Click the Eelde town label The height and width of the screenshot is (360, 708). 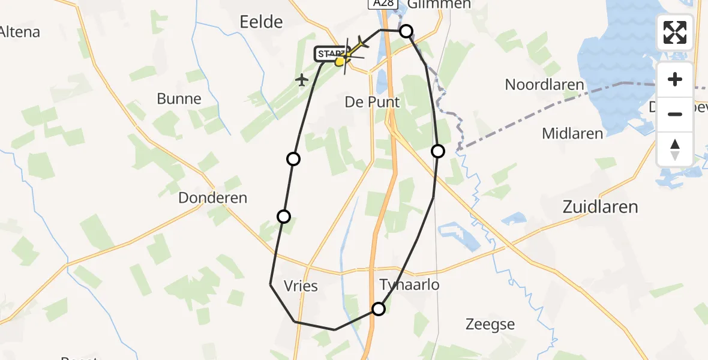[x=261, y=22]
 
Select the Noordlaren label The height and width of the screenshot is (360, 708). [x=544, y=85]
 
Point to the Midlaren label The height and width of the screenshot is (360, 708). [x=572, y=133]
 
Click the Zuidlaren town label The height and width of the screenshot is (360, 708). [x=599, y=207]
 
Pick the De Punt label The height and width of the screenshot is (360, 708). [x=372, y=102]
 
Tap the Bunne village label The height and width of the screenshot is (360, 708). [x=179, y=99]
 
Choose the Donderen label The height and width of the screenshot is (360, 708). [x=212, y=198]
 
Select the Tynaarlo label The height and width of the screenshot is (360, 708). [x=409, y=284]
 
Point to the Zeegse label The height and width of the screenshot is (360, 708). [x=490, y=325]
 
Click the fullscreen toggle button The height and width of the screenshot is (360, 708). [x=675, y=32]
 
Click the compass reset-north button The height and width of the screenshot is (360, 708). [x=675, y=149]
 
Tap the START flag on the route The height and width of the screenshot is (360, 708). [x=330, y=55]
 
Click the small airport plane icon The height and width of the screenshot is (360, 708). [x=302, y=79]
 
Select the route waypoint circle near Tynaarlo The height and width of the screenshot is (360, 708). [x=379, y=309]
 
